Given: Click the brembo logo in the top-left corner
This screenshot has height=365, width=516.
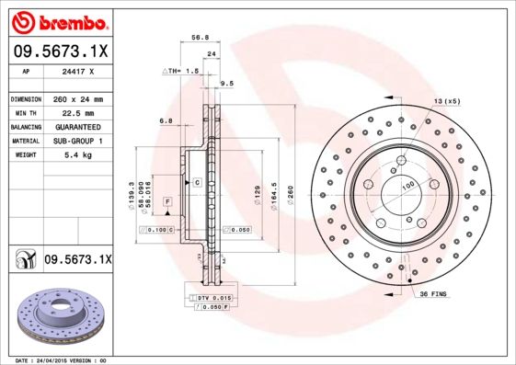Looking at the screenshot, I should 56,21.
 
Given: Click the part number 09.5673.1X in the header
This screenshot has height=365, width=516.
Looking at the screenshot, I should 56,51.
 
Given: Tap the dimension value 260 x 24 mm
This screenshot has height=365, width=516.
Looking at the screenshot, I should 79,98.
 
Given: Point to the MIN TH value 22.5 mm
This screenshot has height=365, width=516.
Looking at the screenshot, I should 79,112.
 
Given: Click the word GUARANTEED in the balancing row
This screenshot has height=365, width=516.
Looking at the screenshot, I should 79,126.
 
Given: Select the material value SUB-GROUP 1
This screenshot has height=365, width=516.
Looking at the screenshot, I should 79,141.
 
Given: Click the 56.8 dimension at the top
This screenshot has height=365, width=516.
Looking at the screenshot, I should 196,39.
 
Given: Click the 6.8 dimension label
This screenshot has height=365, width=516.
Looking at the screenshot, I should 166,120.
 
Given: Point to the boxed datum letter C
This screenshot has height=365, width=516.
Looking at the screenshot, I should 197,183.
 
